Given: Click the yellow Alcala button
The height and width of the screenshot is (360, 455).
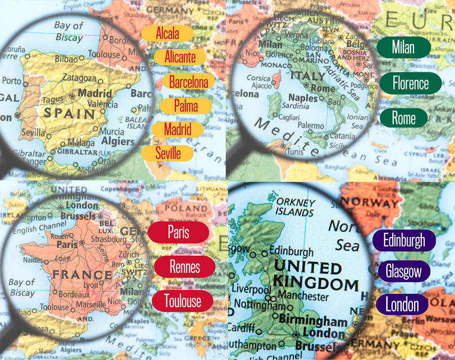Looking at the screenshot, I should click(168, 33).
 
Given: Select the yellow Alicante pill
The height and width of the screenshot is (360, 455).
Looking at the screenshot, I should click(180, 57).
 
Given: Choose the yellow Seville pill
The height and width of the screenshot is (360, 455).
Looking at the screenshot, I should click(171, 153).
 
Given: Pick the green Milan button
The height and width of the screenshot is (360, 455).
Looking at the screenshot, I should click(403, 47).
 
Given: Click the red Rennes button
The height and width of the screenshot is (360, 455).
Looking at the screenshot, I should click(184, 266).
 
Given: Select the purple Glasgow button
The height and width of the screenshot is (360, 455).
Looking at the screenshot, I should click(403, 272).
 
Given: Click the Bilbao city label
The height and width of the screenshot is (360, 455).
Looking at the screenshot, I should click(66, 59).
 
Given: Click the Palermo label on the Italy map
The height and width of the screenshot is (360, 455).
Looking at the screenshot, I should click(310, 126).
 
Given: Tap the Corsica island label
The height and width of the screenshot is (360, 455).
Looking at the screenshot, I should click(258, 78).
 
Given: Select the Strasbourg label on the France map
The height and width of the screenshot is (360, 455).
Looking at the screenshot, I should click(109, 240).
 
